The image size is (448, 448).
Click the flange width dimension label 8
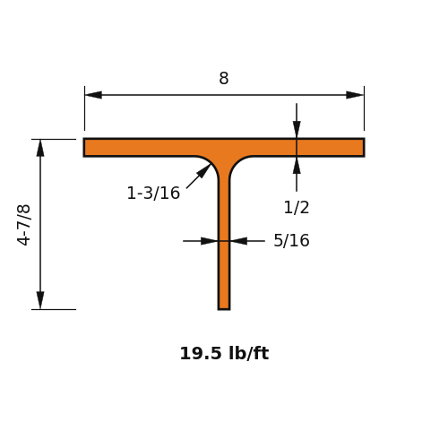coord(224,78)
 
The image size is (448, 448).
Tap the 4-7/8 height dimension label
coord(24,225)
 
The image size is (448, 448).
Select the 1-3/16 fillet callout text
coord(153,193)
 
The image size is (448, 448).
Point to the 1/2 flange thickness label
coord(297,207)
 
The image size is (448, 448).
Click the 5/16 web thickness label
coord(291,240)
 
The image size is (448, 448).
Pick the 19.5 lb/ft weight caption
coord(224,353)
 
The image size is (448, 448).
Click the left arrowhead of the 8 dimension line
coord(93,95)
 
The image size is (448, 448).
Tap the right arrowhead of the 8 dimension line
coord(355,95)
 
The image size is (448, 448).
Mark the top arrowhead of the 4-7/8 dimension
coord(40,148)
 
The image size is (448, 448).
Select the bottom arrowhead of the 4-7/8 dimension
coord(40,300)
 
